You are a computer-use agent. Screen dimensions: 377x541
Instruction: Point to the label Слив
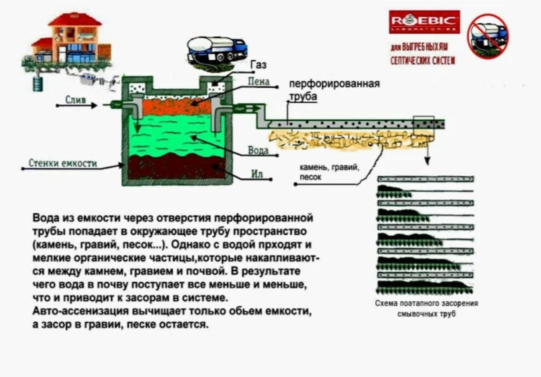pyautogui.click(x=75, y=100)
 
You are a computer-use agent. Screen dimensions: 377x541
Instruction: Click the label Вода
pyautogui.click(x=258, y=150)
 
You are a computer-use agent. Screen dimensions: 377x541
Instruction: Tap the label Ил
pyautogui.click(x=257, y=174)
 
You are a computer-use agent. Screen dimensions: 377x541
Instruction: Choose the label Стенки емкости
pyautogui.click(x=63, y=164)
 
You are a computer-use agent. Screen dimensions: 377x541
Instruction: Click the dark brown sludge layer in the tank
pyautogui.click(x=175, y=169)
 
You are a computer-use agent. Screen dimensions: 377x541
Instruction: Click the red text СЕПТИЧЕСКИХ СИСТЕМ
pyautogui.click(x=422, y=60)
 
